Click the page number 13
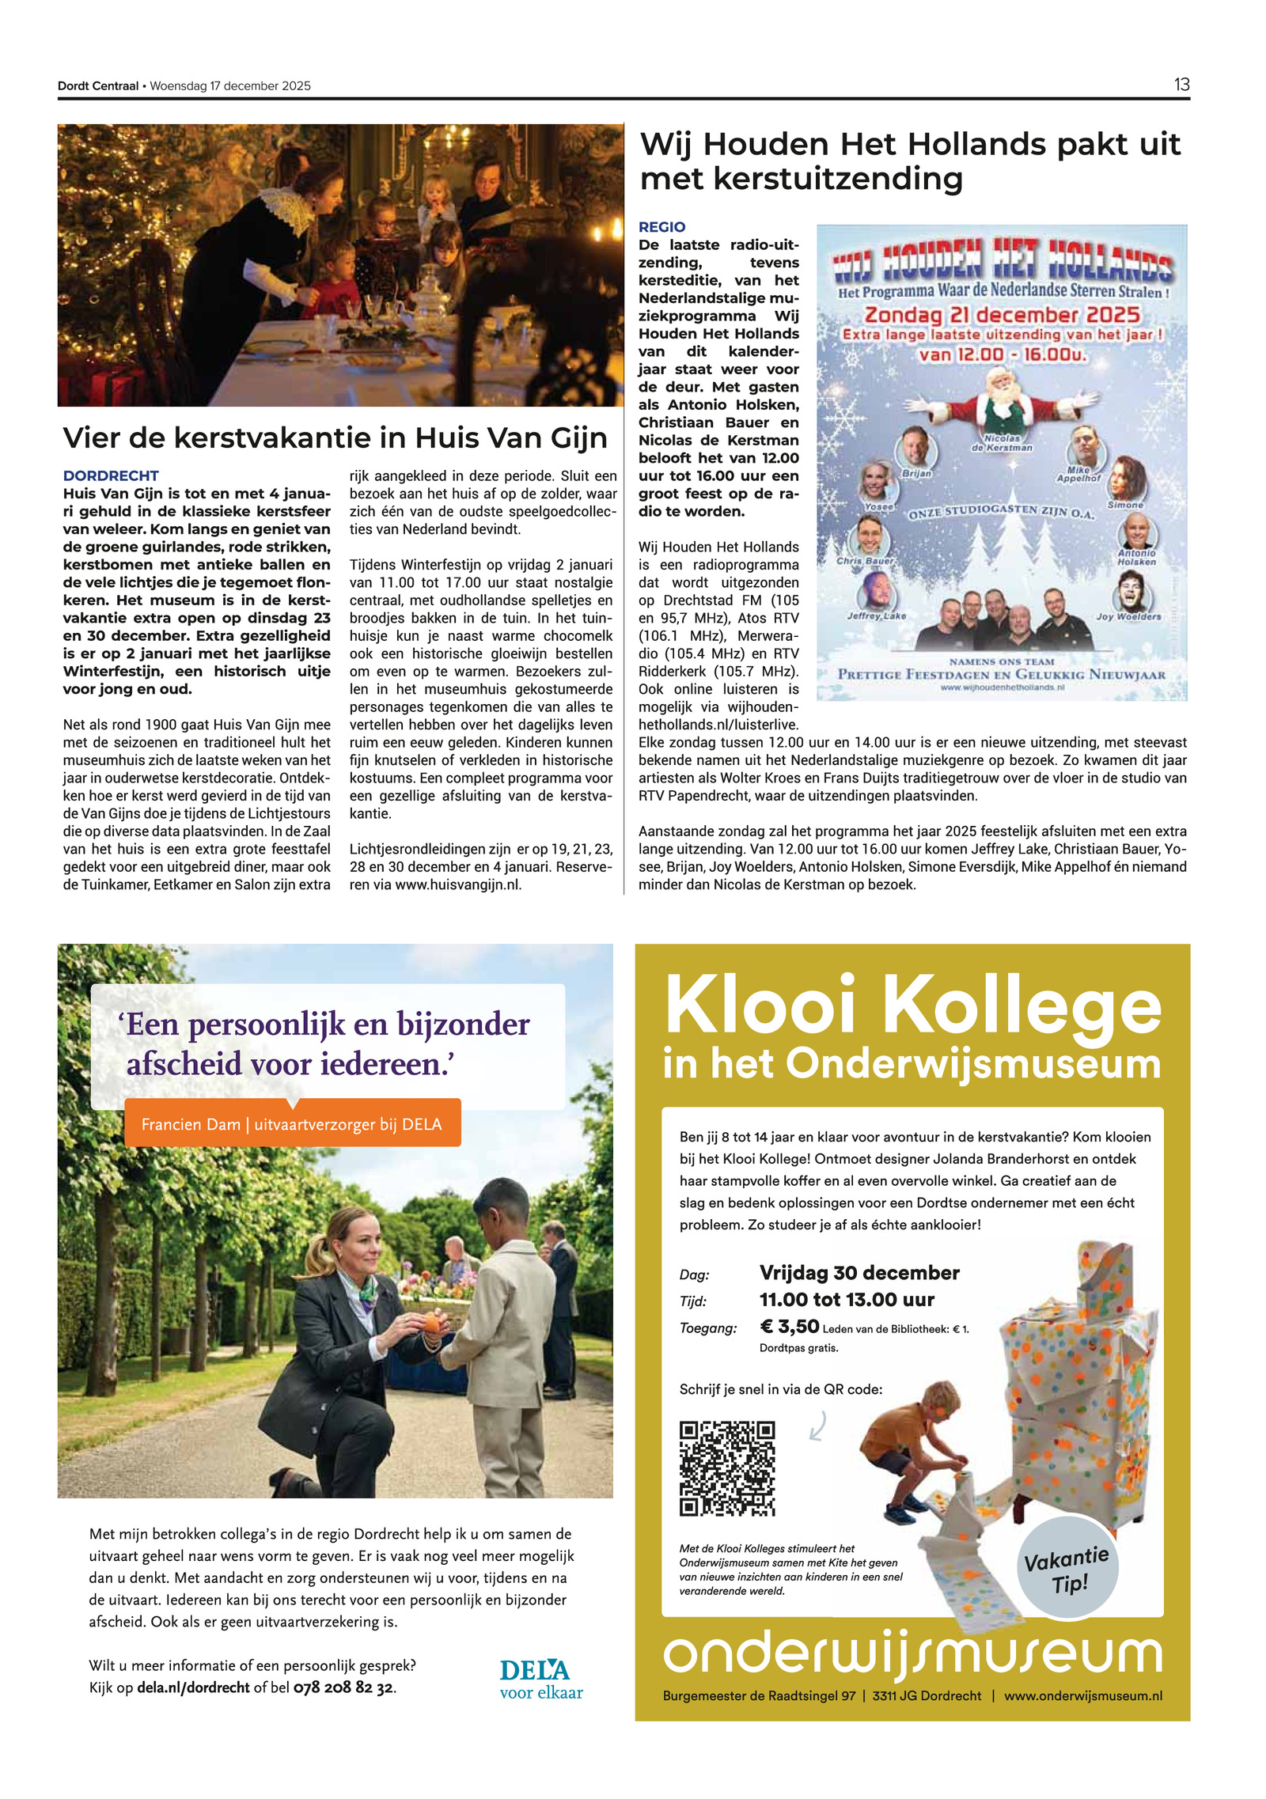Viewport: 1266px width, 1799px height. tap(1181, 85)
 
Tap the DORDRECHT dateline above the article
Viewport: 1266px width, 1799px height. tap(111, 475)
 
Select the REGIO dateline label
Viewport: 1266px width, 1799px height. tap(661, 227)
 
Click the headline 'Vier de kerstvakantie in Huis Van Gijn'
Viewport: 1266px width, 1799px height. tap(335, 437)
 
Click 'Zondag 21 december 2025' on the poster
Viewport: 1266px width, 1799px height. tap(1001, 315)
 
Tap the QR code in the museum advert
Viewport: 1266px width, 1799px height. tap(726, 1468)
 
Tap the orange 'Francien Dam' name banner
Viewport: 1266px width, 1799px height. tap(292, 1124)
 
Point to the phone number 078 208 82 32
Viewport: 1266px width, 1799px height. tap(343, 1687)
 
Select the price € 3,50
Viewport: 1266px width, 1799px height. tap(789, 1327)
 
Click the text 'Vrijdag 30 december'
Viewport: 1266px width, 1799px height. tap(859, 1273)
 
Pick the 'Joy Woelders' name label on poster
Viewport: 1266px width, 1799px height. tap(1128, 616)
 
